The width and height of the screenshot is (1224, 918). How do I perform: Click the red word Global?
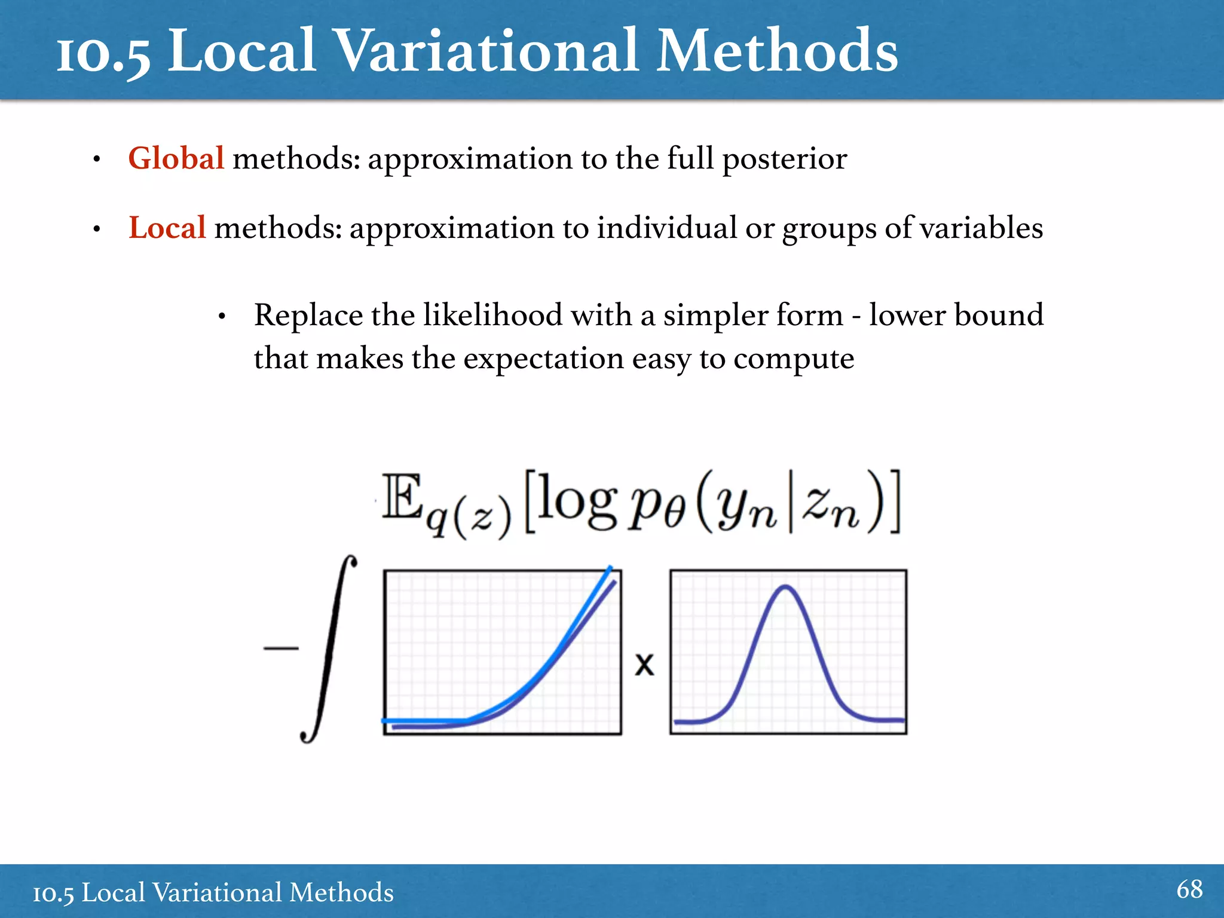(x=176, y=159)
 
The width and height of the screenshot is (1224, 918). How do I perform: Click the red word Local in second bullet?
(x=167, y=228)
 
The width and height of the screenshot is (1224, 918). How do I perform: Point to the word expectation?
(x=544, y=359)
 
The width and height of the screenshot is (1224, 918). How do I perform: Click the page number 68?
(x=1189, y=889)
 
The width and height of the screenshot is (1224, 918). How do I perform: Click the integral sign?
(x=329, y=649)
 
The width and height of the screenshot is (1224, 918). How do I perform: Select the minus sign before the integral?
(x=281, y=648)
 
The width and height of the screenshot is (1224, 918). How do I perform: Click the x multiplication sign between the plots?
(x=645, y=665)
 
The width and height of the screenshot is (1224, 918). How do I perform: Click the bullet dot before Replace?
(x=222, y=316)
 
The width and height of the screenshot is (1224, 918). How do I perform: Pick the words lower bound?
(x=956, y=315)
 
